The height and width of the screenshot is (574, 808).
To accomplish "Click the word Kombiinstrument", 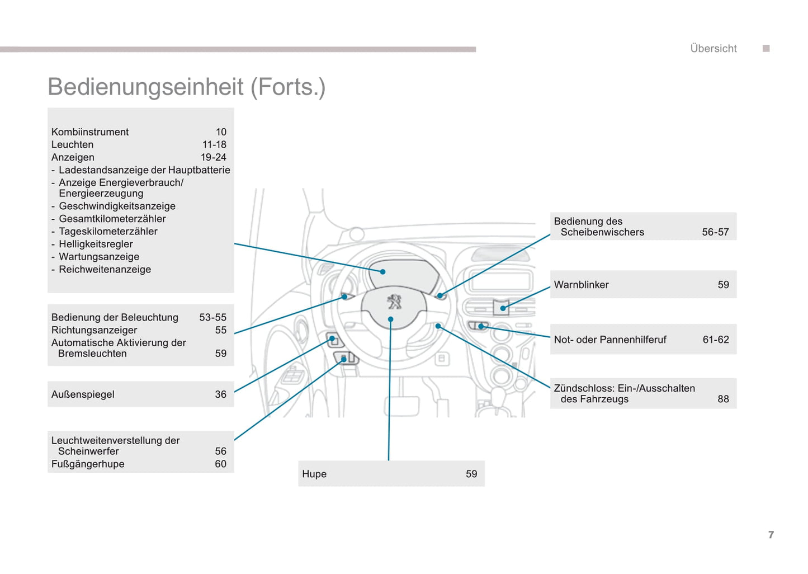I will [x=90, y=132].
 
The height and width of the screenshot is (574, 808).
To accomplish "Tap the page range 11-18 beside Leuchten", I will [x=214, y=144].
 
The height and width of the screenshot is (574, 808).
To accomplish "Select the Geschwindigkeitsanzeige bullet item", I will [x=117, y=206].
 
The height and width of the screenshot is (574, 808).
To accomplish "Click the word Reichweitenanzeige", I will [x=105, y=269].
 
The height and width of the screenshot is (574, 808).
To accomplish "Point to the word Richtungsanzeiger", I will [x=94, y=330].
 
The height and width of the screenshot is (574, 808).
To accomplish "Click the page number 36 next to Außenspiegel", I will [x=221, y=394].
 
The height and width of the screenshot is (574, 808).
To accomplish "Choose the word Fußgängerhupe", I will [x=88, y=464].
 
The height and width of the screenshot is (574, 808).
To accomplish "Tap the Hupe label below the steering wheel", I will [x=314, y=474].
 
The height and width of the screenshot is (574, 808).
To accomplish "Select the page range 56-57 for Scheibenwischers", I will [x=715, y=232].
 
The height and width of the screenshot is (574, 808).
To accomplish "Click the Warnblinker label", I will [x=581, y=285].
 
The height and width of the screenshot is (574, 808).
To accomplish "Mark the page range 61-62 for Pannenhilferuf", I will [x=716, y=340].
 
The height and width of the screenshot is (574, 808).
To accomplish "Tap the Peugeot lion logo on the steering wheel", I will [x=395, y=302].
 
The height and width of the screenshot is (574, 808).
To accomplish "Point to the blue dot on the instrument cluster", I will [x=383, y=272].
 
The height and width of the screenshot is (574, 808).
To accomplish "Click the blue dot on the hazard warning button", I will [x=503, y=308].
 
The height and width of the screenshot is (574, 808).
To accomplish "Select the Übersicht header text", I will [x=714, y=49].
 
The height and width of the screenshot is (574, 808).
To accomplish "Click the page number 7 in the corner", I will [x=771, y=535].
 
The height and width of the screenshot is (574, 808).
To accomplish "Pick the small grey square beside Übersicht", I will [x=766, y=49].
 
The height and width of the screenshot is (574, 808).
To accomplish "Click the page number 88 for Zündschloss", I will [x=723, y=399].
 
